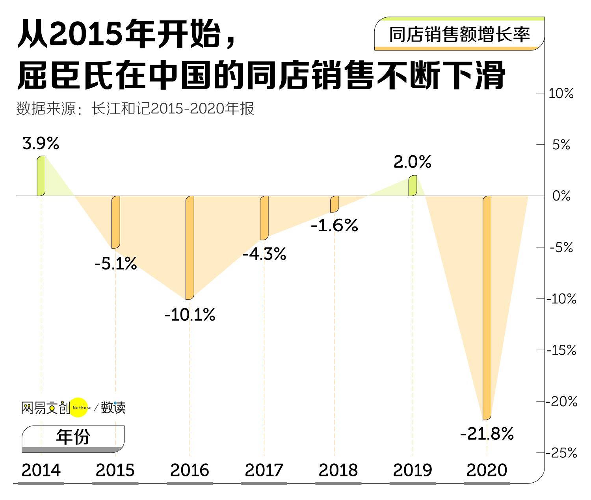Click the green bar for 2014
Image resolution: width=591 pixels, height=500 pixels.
tap(41, 176)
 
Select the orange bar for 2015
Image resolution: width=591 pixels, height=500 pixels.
tap(115, 222)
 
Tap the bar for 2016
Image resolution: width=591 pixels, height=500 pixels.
tap(190, 247)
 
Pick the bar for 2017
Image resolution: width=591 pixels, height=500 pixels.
tap(264, 217)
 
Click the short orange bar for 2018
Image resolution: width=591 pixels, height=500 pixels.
tap(335, 204)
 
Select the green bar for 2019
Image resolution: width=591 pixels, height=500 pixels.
tap(413, 186)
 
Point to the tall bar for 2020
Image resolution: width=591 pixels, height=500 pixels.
tap(487, 307)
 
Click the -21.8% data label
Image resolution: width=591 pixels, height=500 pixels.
tap(487, 434)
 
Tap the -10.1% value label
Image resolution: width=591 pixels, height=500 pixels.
tap(190, 315)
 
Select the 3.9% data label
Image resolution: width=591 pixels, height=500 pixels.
tap(41, 143)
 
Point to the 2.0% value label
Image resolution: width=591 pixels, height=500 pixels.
tap(412, 162)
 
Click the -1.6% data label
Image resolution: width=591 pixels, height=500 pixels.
tap(335, 225)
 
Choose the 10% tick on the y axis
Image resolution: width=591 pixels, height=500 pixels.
tap(561, 94)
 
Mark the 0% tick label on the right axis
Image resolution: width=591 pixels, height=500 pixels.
tap(561, 196)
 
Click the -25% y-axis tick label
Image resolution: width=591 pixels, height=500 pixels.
tap(561, 453)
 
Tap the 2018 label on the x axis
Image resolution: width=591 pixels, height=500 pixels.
tap(338, 470)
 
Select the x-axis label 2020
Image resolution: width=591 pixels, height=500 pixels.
tap(487, 470)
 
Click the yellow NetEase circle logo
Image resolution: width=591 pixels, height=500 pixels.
tap(79, 407)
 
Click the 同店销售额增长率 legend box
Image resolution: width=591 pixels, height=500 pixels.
tap(459, 34)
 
